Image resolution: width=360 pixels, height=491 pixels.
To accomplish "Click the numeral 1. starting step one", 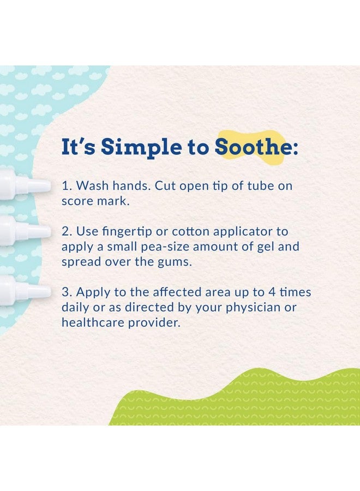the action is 67,185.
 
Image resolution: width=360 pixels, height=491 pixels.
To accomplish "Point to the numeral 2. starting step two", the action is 67,231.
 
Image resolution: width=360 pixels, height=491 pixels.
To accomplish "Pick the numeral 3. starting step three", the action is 67,292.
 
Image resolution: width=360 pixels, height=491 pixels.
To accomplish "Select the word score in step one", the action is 77,201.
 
